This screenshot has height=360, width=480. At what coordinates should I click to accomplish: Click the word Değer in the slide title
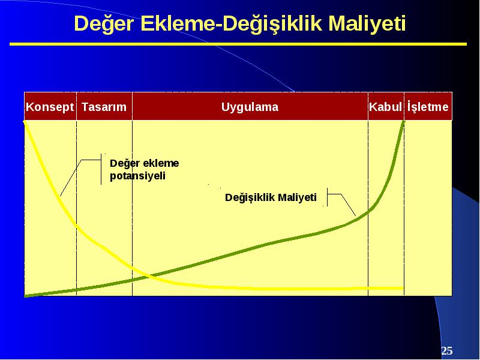[104, 24]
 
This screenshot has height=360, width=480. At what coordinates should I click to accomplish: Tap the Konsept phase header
[50, 107]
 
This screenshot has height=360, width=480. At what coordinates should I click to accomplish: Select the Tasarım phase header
[104, 107]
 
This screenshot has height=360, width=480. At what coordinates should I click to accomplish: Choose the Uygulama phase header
[250, 107]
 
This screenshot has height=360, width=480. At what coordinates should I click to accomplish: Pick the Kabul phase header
[385, 107]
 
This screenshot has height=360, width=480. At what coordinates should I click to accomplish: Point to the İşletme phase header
[428, 107]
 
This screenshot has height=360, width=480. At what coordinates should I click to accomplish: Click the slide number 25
[446, 350]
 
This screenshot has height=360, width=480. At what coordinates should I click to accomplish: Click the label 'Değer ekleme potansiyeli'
[144, 170]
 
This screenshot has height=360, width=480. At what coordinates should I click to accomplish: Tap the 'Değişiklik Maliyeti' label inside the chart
[271, 197]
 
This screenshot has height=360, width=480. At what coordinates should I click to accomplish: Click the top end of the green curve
[404, 122]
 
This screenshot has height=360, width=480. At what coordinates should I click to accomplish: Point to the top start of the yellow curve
[25, 122]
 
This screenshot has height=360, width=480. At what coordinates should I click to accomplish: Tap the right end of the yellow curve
[403, 288]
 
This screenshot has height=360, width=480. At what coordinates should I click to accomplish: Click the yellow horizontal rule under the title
[238, 44]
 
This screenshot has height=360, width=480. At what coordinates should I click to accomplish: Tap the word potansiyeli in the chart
[137, 176]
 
